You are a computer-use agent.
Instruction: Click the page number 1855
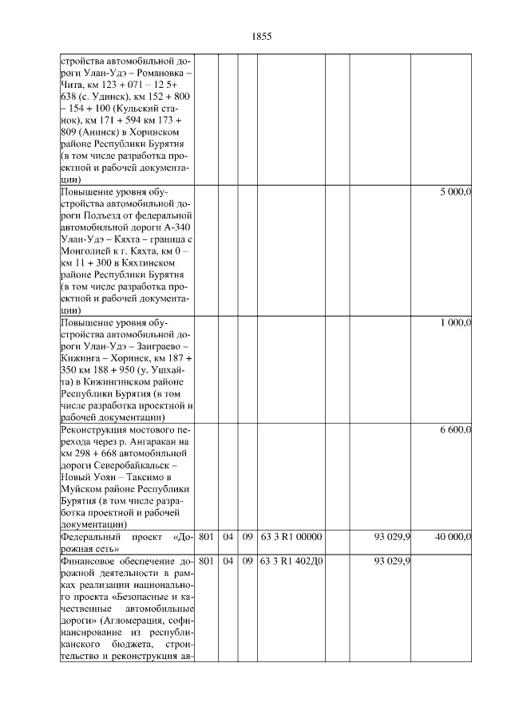(x=262, y=37)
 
